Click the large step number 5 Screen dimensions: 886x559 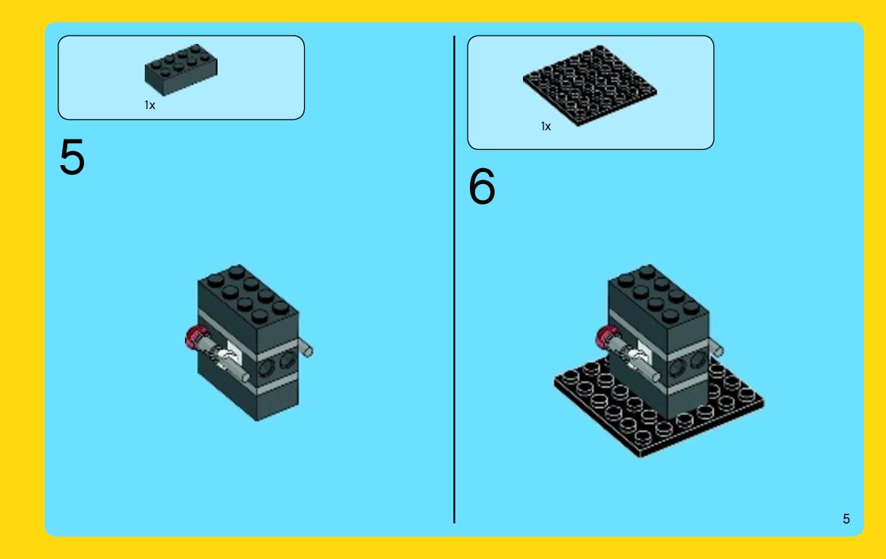72,157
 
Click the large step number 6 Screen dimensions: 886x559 482,186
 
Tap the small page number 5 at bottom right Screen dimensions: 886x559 846,519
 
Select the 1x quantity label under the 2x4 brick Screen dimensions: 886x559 150,105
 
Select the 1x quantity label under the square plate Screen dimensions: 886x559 546,126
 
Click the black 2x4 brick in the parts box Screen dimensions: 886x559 181,70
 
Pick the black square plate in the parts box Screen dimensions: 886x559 590,86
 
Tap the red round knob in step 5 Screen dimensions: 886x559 195,338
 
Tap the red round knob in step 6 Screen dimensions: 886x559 605,338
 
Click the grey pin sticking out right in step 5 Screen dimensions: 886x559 305,348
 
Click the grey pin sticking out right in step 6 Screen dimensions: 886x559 715,348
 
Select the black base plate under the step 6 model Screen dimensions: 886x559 659,409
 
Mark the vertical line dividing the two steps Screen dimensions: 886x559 454,279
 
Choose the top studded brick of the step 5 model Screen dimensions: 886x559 249,308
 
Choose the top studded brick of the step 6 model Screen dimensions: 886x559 659,308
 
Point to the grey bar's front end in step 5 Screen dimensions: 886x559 244,376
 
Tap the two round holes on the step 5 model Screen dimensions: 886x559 277,364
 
